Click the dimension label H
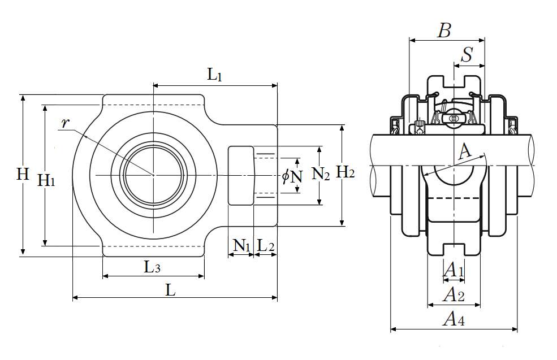[x=23, y=175]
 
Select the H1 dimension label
[x=46, y=181]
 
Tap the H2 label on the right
[x=346, y=173]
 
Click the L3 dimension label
[x=152, y=267]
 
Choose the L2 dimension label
[x=266, y=246]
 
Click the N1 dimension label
[x=241, y=246]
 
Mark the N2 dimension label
[x=321, y=174]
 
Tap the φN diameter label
[x=292, y=176]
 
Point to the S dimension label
[x=467, y=55]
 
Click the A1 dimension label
[x=454, y=270]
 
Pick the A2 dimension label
[x=454, y=294]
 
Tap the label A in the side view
[x=465, y=151]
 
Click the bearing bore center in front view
[x=153, y=175]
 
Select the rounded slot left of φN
[x=241, y=175]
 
